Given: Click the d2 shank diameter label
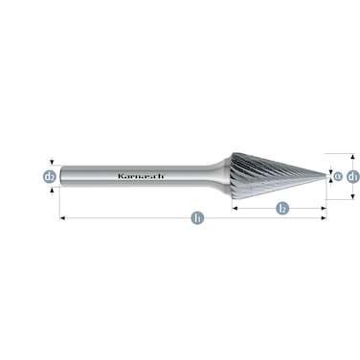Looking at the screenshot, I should point(49,176).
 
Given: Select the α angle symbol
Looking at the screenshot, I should point(335,176).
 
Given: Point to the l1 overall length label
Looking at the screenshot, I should point(197,218).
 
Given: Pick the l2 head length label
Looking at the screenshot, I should point(281,207).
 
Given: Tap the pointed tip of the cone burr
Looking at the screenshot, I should point(325,176).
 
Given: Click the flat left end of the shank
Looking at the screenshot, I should point(61,176).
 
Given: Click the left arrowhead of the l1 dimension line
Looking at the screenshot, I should point(63,218).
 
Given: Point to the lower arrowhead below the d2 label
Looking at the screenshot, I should point(49,189).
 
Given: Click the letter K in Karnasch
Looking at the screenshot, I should point(120,176).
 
